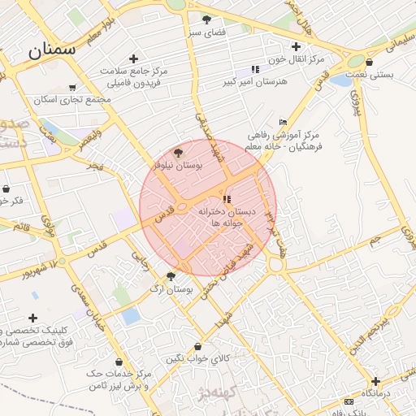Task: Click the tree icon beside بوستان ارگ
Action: (x=171, y=276)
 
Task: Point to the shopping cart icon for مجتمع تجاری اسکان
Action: (x=73, y=88)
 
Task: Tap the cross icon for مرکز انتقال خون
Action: (x=296, y=47)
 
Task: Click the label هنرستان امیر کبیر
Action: (x=253, y=82)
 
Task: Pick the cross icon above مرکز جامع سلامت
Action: (x=133, y=58)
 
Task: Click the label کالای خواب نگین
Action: (x=199, y=357)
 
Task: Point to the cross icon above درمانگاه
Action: (x=375, y=381)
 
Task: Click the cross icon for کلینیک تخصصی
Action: (x=32, y=318)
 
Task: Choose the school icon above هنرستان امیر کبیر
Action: (x=256, y=70)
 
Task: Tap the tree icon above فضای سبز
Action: (x=206, y=19)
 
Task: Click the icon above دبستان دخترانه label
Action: (x=227, y=198)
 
